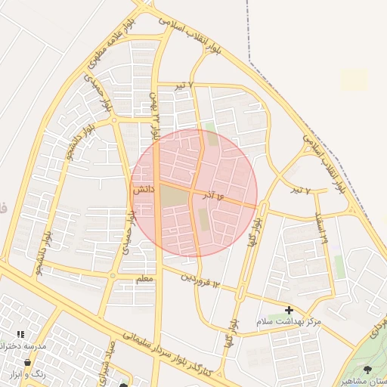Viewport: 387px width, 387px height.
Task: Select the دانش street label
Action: pos(144,192)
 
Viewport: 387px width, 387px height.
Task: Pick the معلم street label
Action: pos(144,280)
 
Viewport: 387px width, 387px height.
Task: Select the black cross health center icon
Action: pos(289,310)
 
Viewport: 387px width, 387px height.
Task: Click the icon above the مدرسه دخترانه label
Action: pos(20,333)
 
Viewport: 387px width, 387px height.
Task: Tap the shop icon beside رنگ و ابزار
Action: pos(28,362)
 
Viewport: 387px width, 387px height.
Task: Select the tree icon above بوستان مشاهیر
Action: pos(367,370)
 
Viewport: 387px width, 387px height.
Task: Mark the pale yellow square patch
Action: pos(354,80)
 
